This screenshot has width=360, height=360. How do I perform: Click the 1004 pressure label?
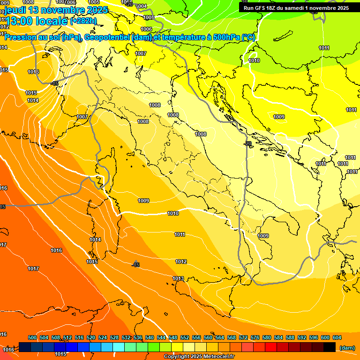point(141,6)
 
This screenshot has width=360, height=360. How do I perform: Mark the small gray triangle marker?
point(135,262)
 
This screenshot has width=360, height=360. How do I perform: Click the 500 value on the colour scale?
point(32,337)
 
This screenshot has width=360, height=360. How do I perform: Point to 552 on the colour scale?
point(185,337)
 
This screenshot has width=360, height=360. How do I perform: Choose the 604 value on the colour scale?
point(337,337)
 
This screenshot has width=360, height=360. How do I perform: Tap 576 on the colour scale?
point(255,337)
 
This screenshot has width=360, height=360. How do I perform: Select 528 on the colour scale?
point(114,337)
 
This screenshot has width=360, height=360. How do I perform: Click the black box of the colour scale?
point(330,347)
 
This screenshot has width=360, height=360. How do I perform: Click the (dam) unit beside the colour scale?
point(347,348)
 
